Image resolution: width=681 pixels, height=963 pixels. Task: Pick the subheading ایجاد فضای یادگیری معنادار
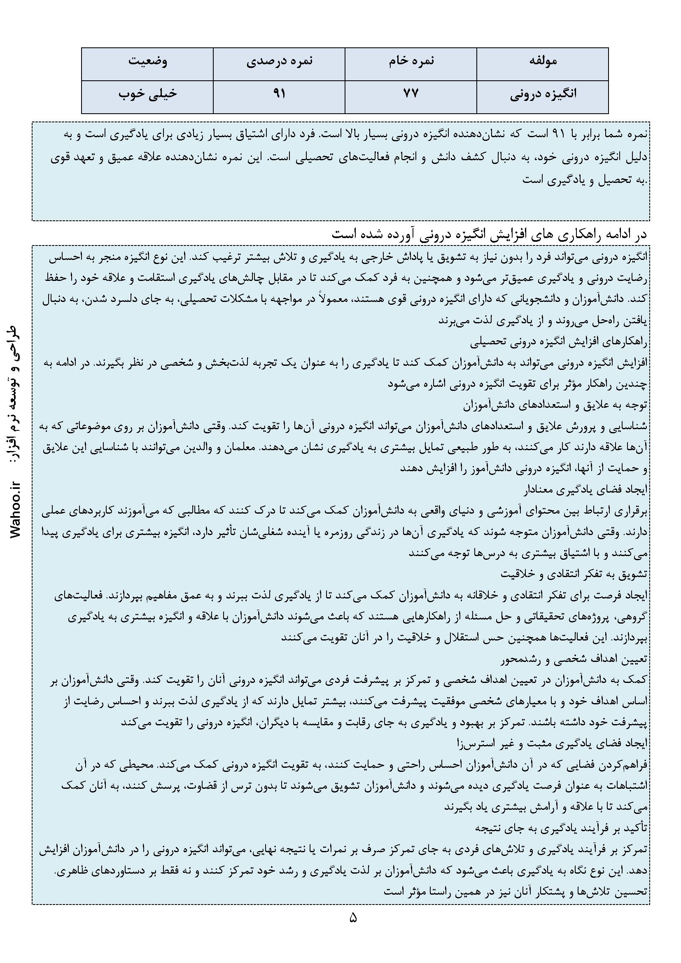(x=585, y=489)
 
